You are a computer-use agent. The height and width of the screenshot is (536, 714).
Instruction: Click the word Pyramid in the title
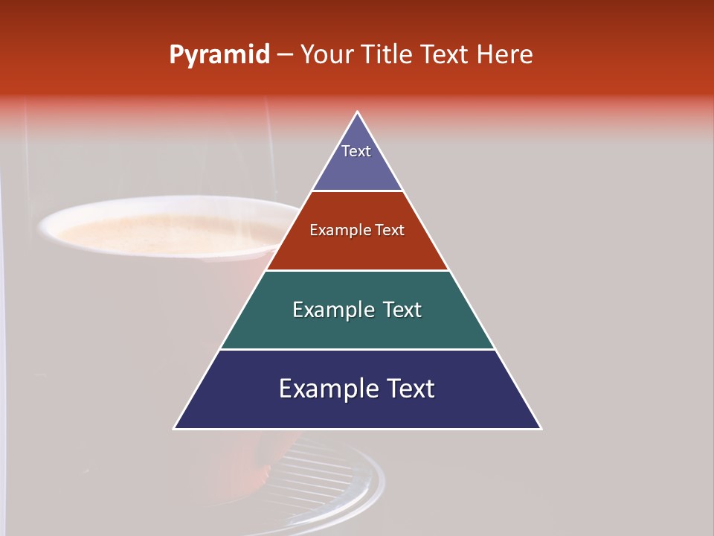click(219, 55)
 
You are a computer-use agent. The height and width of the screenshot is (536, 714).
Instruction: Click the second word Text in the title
click(446, 54)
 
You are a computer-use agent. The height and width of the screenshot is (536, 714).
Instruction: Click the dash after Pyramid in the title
click(284, 55)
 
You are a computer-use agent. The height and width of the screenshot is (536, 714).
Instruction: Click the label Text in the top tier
click(356, 151)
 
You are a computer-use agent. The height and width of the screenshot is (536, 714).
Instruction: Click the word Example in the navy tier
click(327, 389)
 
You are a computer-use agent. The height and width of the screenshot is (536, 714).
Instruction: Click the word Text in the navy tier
click(410, 389)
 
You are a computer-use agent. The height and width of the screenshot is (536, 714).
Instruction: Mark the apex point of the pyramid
click(358, 112)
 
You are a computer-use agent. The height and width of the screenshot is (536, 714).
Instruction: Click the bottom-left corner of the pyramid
click(175, 428)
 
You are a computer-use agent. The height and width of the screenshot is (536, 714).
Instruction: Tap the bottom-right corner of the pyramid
click(541, 428)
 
